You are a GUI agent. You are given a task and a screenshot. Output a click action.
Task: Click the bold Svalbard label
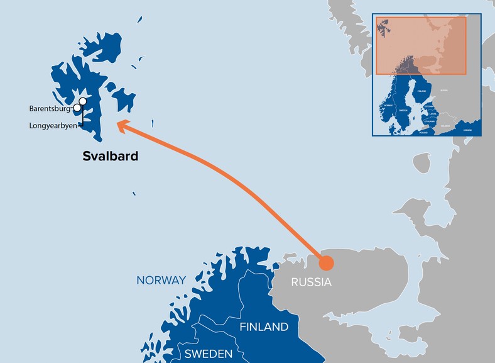click(x=110, y=156)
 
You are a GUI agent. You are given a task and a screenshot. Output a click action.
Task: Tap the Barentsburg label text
click(x=50, y=109)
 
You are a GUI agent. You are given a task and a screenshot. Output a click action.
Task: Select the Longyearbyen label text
click(x=52, y=126)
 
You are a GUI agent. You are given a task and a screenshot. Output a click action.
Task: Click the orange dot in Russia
click(x=326, y=263)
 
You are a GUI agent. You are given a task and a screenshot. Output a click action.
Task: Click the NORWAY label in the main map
click(x=161, y=281)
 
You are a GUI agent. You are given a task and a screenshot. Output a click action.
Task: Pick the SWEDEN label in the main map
click(x=208, y=353)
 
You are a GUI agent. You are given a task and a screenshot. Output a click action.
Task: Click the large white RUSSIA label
click(x=311, y=282)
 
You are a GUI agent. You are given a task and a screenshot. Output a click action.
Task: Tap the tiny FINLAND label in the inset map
click(x=421, y=91)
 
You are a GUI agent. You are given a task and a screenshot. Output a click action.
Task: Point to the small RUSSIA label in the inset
click(x=443, y=91)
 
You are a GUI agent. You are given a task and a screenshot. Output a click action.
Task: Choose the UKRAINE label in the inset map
click(x=467, y=130)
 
